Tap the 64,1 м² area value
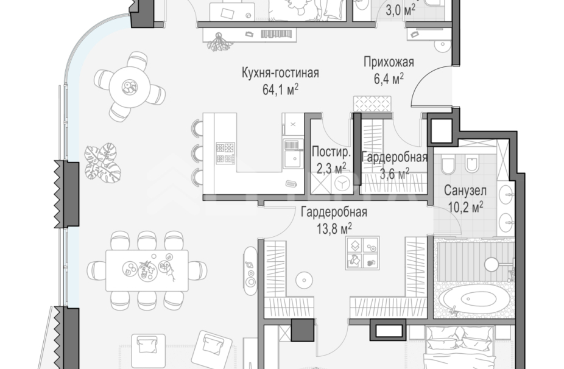click(x=279, y=90)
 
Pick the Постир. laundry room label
click(x=331, y=152)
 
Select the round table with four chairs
click(x=129, y=86)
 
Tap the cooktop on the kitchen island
click(x=225, y=153)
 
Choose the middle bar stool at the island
click(x=198, y=152)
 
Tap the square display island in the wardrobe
click(x=362, y=253)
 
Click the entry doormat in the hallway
click(x=368, y=103)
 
